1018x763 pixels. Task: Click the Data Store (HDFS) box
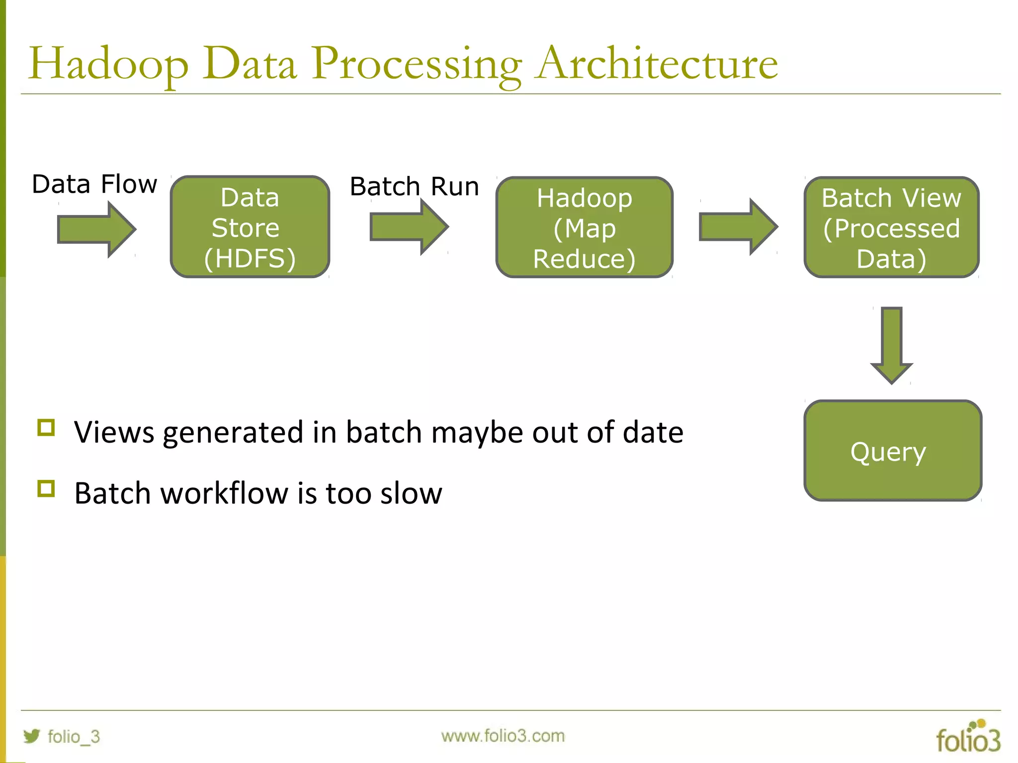point(250,227)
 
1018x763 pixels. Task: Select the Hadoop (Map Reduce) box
point(584,228)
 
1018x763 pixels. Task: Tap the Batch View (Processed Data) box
point(891,228)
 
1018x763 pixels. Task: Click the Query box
point(892,451)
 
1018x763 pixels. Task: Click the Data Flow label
point(94,184)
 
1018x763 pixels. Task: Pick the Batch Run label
point(414,187)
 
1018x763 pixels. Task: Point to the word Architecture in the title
point(657,64)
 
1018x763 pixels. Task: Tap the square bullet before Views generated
point(46,427)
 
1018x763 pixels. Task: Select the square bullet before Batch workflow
point(46,489)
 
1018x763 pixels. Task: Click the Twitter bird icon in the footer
point(31,736)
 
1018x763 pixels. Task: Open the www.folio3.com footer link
point(503,736)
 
